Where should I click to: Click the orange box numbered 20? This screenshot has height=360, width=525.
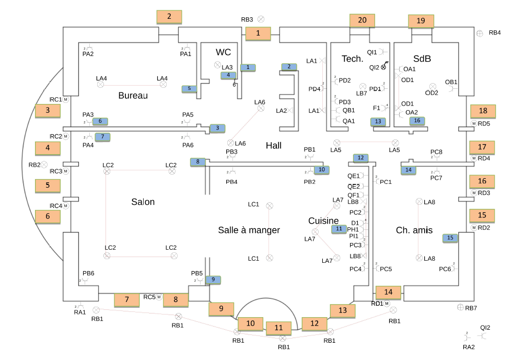(362, 20)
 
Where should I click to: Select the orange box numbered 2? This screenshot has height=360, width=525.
(169, 17)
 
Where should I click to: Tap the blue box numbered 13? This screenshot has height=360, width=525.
(378, 122)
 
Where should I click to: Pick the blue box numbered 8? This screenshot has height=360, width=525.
(198, 162)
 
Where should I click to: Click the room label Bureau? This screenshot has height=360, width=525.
(133, 96)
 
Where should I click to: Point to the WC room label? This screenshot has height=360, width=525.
(223, 52)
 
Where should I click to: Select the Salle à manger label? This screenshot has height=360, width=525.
(249, 230)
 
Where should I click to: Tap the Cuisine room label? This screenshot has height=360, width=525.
(323, 221)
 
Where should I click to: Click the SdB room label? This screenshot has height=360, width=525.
(422, 59)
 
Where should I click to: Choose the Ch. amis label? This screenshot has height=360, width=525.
(414, 230)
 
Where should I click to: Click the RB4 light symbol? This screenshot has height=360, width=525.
(480, 33)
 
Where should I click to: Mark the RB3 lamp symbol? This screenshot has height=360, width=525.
(261, 19)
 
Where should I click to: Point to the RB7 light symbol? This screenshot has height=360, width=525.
(460, 307)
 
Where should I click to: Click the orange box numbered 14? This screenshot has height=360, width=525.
(388, 293)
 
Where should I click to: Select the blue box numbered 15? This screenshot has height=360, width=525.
(450, 238)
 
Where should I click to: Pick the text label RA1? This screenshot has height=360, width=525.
(79, 312)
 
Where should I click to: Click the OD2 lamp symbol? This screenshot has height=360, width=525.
(432, 86)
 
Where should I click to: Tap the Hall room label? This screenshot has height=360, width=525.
(273, 145)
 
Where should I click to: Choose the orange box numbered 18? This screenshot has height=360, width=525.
(483, 111)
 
